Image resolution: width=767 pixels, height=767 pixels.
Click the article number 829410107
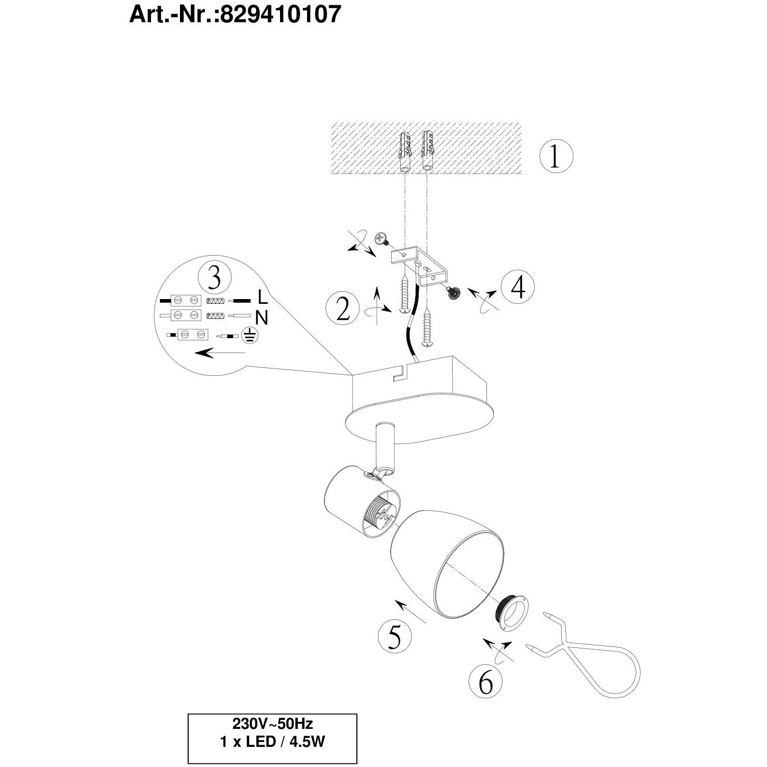(x=281, y=15)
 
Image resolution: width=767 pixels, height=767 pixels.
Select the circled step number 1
(x=556, y=156)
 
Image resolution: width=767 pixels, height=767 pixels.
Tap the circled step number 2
(x=342, y=310)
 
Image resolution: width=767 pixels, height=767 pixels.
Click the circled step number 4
(x=518, y=287)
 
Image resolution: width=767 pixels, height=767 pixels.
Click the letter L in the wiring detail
(x=263, y=297)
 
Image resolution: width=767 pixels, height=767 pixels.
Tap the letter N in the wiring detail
(x=262, y=318)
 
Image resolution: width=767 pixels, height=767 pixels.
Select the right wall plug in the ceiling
(x=427, y=151)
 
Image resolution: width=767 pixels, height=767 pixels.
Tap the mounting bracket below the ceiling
(x=420, y=266)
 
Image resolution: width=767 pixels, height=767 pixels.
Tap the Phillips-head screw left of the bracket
(x=382, y=240)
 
